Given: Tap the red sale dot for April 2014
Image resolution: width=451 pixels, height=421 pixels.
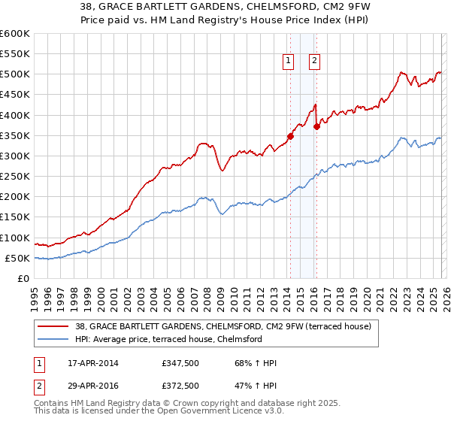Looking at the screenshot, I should coord(290,137).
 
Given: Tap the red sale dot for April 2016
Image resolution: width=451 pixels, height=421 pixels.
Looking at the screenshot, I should coord(316,126).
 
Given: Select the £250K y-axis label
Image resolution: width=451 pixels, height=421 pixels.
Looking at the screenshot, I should coord(15,177).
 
